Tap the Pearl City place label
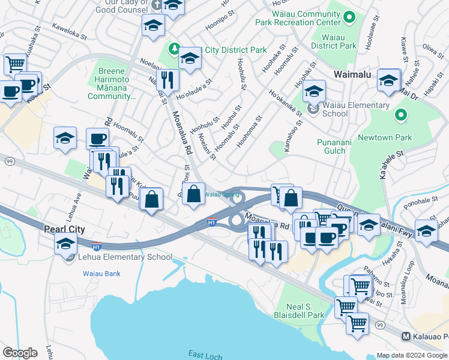pyautogui.click(x=64, y=229)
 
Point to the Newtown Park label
pyautogui.click(x=385, y=137)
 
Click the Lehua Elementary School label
pyautogui.click(x=121, y=257)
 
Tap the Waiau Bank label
pyautogui.click(x=101, y=274)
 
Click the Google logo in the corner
pyautogui.click(x=20, y=353)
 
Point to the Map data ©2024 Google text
pyautogui.click(x=412, y=355)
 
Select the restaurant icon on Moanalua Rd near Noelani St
pyautogui.click(x=167, y=79)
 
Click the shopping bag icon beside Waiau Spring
pyautogui.click(x=194, y=194)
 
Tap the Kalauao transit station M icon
pyautogui.click(x=406, y=337)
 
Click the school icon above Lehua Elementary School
pyautogui.click(x=65, y=243)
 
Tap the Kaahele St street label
pyautogui.click(x=393, y=165)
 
